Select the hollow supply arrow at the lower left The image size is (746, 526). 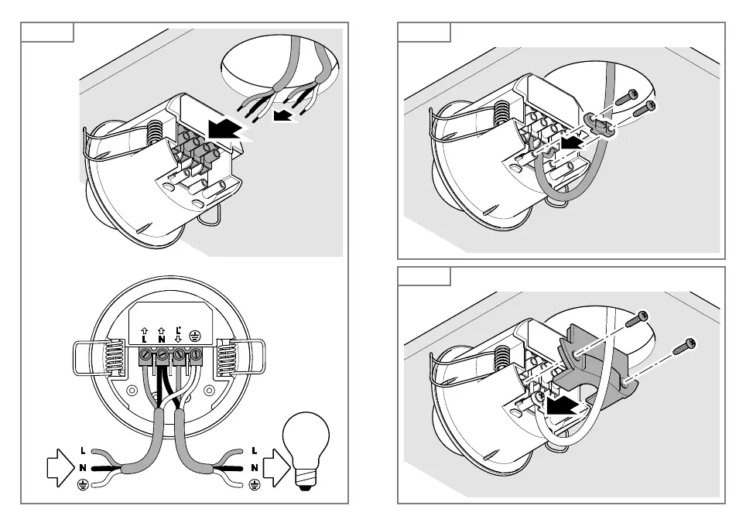click(x=59, y=467)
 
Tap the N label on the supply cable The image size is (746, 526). click(x=83, y=467)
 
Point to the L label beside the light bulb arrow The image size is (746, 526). click(x=255, y=450)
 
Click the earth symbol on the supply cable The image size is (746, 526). click(x=83, y=485)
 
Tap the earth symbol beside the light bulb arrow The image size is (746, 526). click(x=255, y=485)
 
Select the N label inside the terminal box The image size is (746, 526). click(x=162, y=337)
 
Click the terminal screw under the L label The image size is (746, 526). click(x=145, y=357)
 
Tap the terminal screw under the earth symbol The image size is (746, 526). click(x=197, y=357)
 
